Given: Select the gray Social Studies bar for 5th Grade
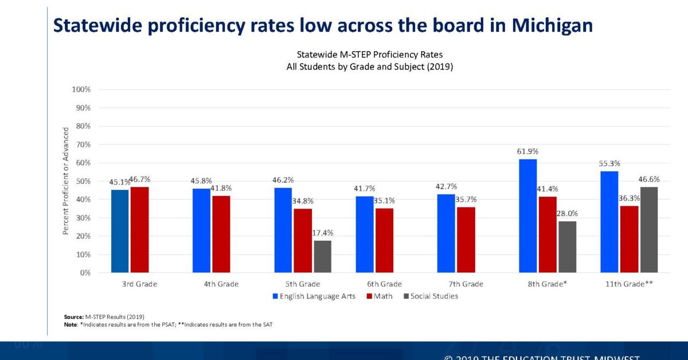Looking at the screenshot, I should click(322, 256).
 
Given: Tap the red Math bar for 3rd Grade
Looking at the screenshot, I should click(140, 229).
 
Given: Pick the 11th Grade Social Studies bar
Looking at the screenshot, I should click(649, 229).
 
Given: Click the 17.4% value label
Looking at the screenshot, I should click(322, 233).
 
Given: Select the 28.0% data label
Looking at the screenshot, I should click(568, 213).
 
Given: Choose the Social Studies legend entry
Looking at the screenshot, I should click(431, 296).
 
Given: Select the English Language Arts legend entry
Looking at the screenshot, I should click(314, 296).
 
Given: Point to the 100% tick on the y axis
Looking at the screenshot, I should click(81, 89).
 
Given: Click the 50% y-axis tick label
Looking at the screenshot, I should click(83, 181).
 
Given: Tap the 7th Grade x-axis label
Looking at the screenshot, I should click(465, 284).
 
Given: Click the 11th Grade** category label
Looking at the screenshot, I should click(629, 284).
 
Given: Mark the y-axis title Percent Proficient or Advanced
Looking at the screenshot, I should click(65, 181).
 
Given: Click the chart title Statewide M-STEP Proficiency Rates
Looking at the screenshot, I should click(369, 54).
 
